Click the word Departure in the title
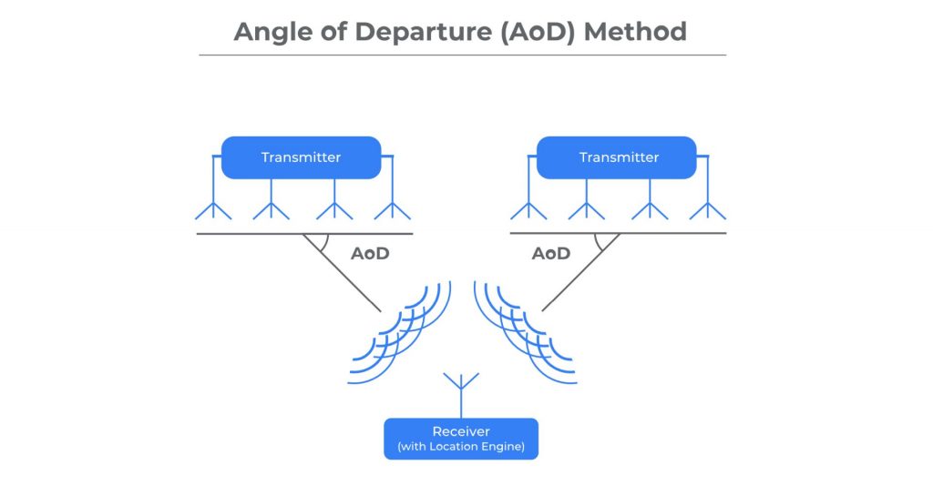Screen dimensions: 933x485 click(424, 33)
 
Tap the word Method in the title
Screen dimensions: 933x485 click(635, 32)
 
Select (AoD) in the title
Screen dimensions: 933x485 click(538, 32)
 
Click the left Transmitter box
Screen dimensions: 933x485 click(301, 157)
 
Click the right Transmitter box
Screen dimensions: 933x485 click(617, 157)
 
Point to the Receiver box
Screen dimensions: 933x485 click(461, 439)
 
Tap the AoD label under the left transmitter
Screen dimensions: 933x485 click(370, 254)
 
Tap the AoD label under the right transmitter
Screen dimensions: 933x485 click(551, 254)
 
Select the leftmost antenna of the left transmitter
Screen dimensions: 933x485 click(213, 197)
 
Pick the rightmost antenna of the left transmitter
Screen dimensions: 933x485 click(392, 197)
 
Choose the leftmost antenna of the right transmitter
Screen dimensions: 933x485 click(528, 197)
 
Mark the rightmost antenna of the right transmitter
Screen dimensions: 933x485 click(707, 197)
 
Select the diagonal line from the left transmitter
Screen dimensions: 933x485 click(342, 272)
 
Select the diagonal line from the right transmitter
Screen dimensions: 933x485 click(580, 272)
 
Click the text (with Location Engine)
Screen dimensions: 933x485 click(461, 447)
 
